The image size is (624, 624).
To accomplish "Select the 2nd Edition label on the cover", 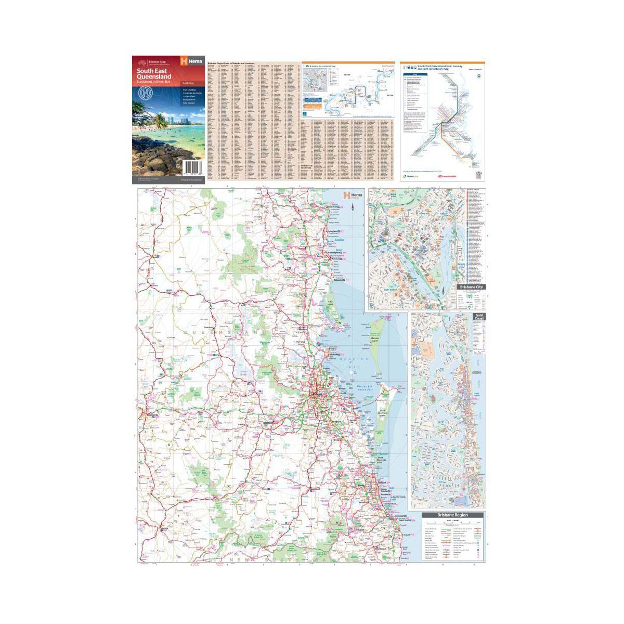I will pyautogui.click(x=187, y=83).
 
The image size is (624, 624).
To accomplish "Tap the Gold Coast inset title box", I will pyautogui.click(x=478, y=317).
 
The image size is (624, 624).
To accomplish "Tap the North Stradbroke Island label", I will pyautogui.click(x=383, y=412).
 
